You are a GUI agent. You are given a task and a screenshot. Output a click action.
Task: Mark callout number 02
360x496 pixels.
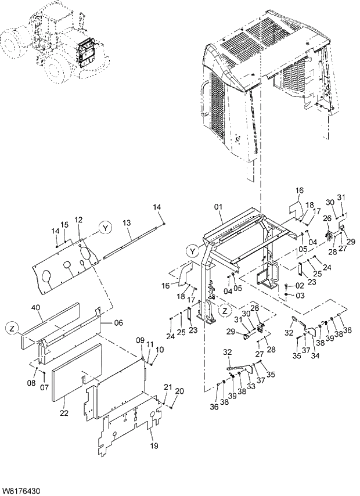[x=300, y=286]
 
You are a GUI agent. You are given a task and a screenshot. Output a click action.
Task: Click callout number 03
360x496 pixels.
[x=300, y=296]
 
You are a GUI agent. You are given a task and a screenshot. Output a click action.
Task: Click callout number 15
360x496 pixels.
[x=64, y=225]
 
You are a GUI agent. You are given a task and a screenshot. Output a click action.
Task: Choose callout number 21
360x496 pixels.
[x=168, y=387]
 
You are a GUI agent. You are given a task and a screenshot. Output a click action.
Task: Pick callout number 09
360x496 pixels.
[x=139, y=340]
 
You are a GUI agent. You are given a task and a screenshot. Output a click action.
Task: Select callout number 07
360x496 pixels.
[x=45, y=387]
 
